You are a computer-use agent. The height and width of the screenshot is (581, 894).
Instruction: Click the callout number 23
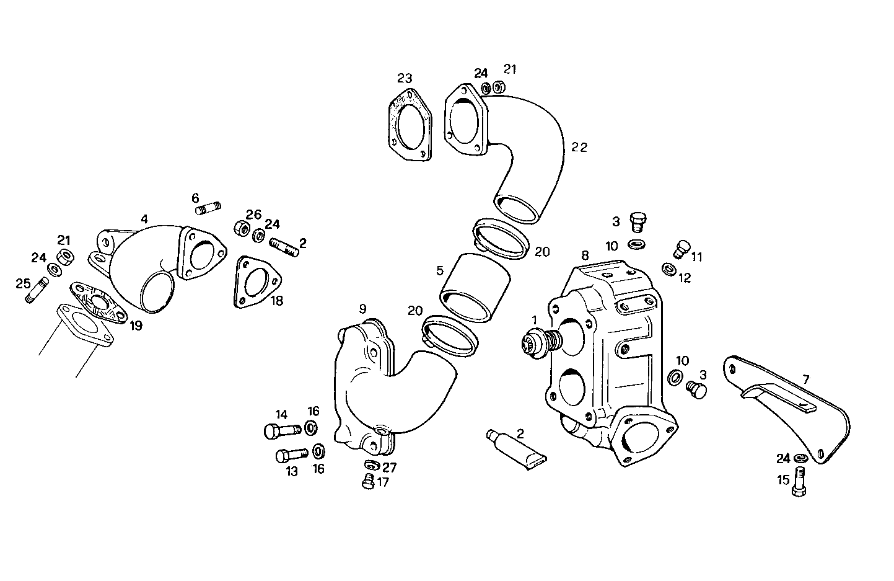pyautogui.click(x=405, y=78)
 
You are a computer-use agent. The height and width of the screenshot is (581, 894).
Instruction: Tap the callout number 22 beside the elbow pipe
pyautogui.click(x=579, y=147)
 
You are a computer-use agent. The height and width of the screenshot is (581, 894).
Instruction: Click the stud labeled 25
pyautogui.click(x=37, y=291)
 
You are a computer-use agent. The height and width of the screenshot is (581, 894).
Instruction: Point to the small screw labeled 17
pyautogui.click(x=368, y=481)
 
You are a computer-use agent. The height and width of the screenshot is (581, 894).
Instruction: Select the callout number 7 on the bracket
pyautogui.click(x=805, y=378)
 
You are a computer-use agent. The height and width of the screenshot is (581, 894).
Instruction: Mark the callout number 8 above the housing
pyautogui.click(x=585, y=254)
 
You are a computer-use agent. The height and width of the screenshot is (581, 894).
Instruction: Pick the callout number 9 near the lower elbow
pyautogui.click(x=362, y=308)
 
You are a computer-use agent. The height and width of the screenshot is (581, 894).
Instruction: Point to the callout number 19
pyautogui.click(x=136, y=326)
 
